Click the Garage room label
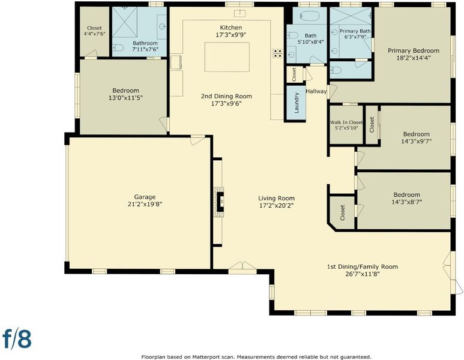pyautogui.click(x=145, y=197)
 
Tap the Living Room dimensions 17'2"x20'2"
pyautogui.click(x=276, y=205)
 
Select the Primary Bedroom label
pyautogui.click(x=414, y=50)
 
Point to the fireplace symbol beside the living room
pyautogui.click(x=220, y=202)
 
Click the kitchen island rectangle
pyautogui.click(x=227, y=57)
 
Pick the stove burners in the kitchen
pyautogui.click(x=277, y=53)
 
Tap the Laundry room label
pyautogui.click(x=297, y=103)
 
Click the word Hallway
pyautogui.click(x=316, y=91)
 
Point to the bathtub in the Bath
pyautogui.click(x=310, y=16)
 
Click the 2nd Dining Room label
pyautogui.click(x=226, y=96)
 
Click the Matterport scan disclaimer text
pyautogui.click(x=256, y=357)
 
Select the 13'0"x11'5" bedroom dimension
pyautogui.click(x=126, y=98)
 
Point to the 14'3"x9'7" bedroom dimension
pyautogui.click(x=417, y=141)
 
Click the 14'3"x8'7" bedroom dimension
pyautogui.click(x=406, y=202)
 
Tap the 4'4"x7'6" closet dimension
pyautogui.click(x=94, y=34)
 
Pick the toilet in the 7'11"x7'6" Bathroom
pyautogui.click(x=118, y=47)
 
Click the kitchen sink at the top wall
pyautogui.click(x=239, y=13)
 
